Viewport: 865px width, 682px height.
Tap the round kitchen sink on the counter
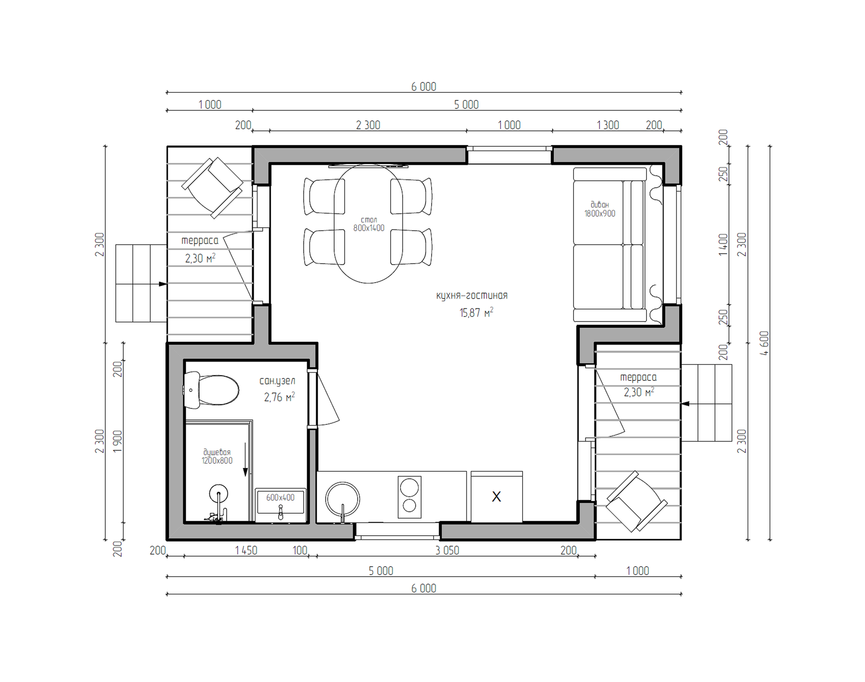pyautogui.click(x=343, y=499)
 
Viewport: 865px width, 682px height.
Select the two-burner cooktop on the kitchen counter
pyautogui.click(x=410, y=497)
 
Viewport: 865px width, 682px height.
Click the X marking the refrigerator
pyautogui.click(x=496, y=497)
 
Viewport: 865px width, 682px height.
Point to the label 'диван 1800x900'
pyautogui.click(x=600, y=209)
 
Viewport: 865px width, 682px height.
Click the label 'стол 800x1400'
pyautogui.click(x=369, y=224)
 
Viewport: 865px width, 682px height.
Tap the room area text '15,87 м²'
pyautogui.click(x=476, y=312)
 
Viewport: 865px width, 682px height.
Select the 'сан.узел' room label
pyautogui.click(x=278, y=381)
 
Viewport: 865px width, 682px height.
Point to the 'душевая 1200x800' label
pyautogui.click(x=217, y=456)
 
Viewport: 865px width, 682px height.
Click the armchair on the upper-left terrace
pyautogui.click(x=212, y=188)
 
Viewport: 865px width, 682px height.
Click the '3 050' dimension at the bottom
pyautogui.click(x=447, y=551)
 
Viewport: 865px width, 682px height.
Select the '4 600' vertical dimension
pyautogui.click(x=764, y=343)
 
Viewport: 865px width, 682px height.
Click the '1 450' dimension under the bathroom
pyautogui.click(x=246, y=551)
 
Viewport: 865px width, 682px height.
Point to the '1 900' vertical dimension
pyautogui.click(x=118, y=442)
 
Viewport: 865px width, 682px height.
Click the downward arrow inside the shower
pyautogui.click(x=246, y=459)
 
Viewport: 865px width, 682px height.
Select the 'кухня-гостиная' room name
pyautogui.click(x=472, y=296)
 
